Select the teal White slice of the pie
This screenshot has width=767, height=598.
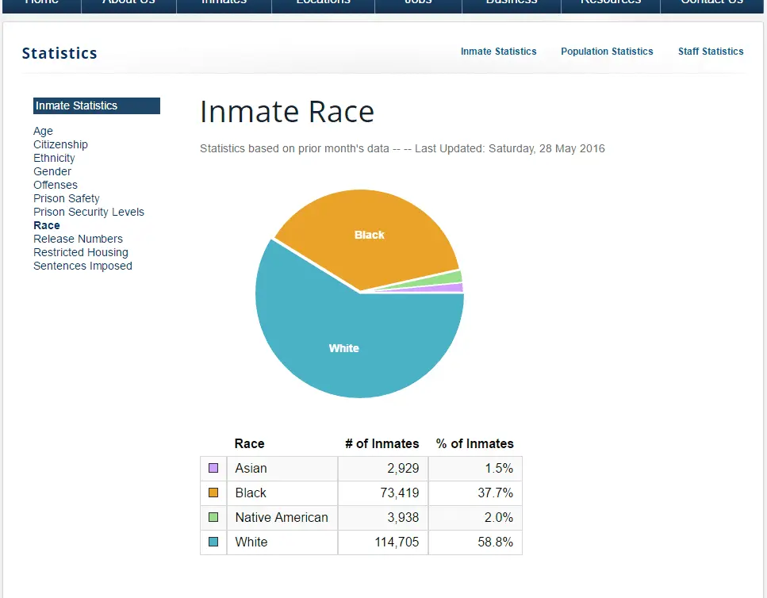[344, 348]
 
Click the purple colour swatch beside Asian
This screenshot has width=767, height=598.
[213, 469]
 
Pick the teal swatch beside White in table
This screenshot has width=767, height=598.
[213, 542]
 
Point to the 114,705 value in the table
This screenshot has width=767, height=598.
[397, 542]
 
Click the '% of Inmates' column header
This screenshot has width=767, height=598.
[474, 444]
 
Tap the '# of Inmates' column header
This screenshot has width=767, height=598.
[382, 444]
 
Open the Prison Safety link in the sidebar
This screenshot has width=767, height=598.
[67, 198]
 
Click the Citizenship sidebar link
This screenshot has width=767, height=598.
[60, 144]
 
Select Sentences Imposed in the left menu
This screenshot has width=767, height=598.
[82, 266]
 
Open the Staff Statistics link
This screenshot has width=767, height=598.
[711, 52]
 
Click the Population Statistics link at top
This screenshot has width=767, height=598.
[607, 52]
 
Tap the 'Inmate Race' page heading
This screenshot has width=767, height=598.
[286, 112]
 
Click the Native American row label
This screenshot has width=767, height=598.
[282, 518]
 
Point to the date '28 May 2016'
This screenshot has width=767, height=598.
[571, 148]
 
